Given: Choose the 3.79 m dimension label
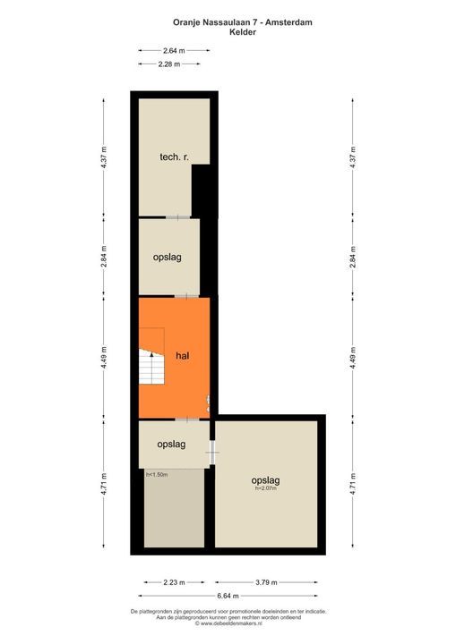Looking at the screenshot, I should tap(269, 582).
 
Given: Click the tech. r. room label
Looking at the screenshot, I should tap(173, 157).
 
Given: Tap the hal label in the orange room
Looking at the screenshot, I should tap(182, 355).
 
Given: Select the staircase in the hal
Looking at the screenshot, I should tap(152, 358).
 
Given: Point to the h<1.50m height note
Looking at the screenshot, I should tap(158, 475).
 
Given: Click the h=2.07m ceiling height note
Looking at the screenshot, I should tap(265, 488).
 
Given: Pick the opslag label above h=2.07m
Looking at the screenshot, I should tap(265, 480).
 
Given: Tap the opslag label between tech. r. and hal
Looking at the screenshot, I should tap(168, 257).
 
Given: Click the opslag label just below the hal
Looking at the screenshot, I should tap(171, 444).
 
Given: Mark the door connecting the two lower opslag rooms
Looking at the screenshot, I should tap(212, 453).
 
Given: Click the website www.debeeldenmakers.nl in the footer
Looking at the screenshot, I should tap(228, 623).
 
